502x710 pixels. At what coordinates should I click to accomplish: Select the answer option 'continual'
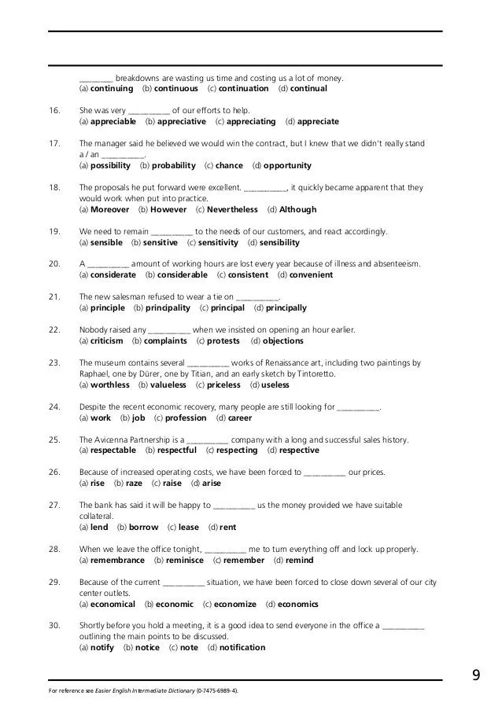pos(308,89)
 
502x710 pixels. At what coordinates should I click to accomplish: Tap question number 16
pos(54,111)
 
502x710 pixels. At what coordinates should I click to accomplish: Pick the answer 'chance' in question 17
pos(229,166)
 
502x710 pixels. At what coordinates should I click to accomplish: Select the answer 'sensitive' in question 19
pos(161,243)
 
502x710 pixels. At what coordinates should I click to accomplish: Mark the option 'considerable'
pos(182,275)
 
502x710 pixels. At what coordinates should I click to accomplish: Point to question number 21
pos(54,297)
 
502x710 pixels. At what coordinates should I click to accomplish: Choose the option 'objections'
pos(283,341)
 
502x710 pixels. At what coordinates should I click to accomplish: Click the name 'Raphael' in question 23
pos(95,374)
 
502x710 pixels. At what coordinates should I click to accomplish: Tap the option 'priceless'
pos(224,385)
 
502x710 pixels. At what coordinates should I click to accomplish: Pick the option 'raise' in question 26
pos(172,484)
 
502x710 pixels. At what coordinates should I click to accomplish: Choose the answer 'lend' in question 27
pos(99,528)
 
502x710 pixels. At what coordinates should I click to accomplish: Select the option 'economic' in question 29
pos(175,605)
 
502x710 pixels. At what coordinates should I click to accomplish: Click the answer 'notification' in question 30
pos(242,648)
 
